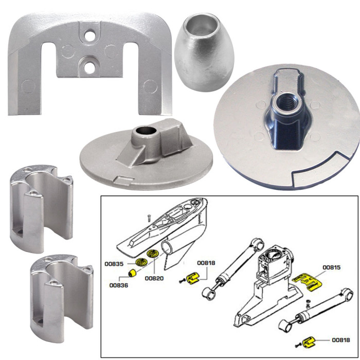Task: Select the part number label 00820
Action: (x=154, y=278)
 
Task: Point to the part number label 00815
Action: (x=332, y=267)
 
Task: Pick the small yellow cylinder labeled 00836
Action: (x=132, y=272)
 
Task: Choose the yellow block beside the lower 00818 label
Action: (x=311, y=340)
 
